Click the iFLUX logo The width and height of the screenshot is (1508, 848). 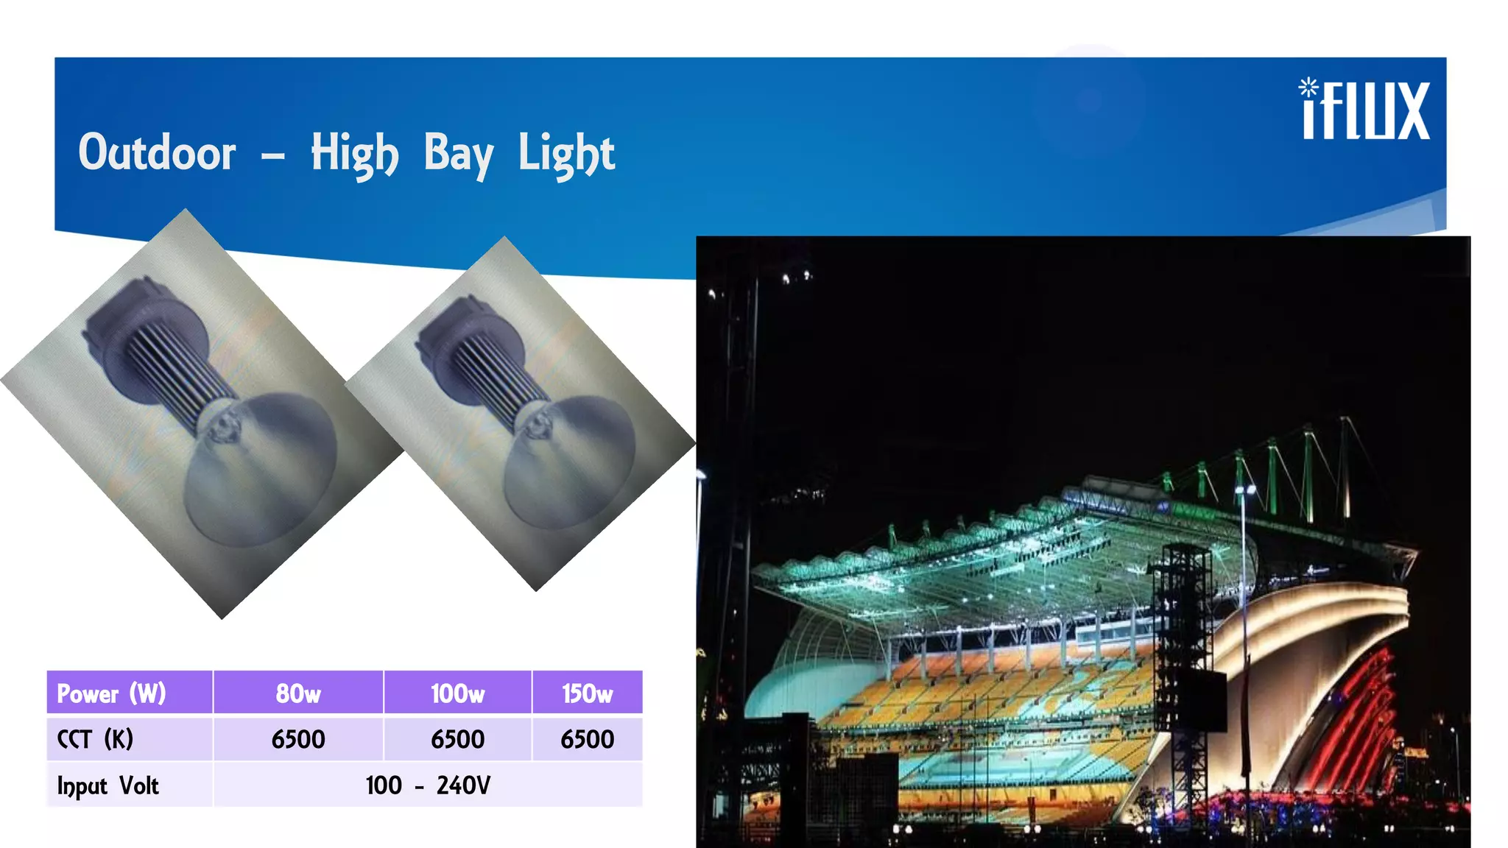click(x=1364, y=110)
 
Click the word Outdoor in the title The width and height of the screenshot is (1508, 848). click(x=157, y=153)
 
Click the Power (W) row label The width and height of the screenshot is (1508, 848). click(x=112, y=693)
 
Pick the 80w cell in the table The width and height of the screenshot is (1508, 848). click(x=298, y=693)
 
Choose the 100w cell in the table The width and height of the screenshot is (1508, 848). click(x=457, y=693)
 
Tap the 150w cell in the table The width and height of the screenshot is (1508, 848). click(x=587, y=693)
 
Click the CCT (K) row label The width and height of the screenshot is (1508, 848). click(x=95, y=739)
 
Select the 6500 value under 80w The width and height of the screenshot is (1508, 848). click(x=298, y=739)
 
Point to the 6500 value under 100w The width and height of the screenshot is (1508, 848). click(x=457, y=739)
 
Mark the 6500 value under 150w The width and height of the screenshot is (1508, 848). click(x=587, y=739)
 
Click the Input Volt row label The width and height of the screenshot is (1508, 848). click(x=108, y=785)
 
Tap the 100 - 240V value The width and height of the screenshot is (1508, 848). click(x=428, y=785)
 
